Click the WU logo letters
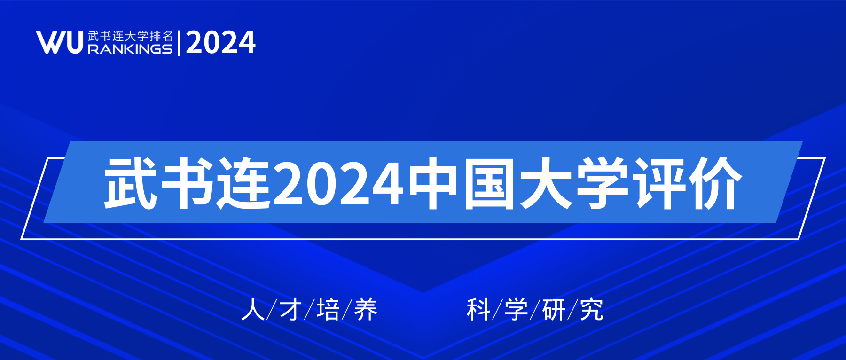click(x=60, y=42)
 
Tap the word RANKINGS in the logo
click(x=130, y=49)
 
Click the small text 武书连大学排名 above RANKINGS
click(x=130, y=36)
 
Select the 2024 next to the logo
click(x=220, y=43)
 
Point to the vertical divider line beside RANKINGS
click(x=179, y=43)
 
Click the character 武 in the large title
click(x=130, y=183)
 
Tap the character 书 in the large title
click(x=187, y=183)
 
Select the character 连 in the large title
click(x=243, y=183)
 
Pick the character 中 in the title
click(x=433, y=183)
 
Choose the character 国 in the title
click(x=489, y=183)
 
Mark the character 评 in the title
click(x=658, y=183)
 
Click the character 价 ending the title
click(x=715, y=183)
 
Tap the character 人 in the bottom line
click(x=253, y=310)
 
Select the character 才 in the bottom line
click(x=290, y=310)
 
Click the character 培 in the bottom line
click(x=328, y=310)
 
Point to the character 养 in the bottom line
click(x=366, y=310)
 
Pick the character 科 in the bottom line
click(x=478, y=310)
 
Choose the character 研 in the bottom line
click(x=554, y=310)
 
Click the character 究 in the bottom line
click(x=591, y=310)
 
